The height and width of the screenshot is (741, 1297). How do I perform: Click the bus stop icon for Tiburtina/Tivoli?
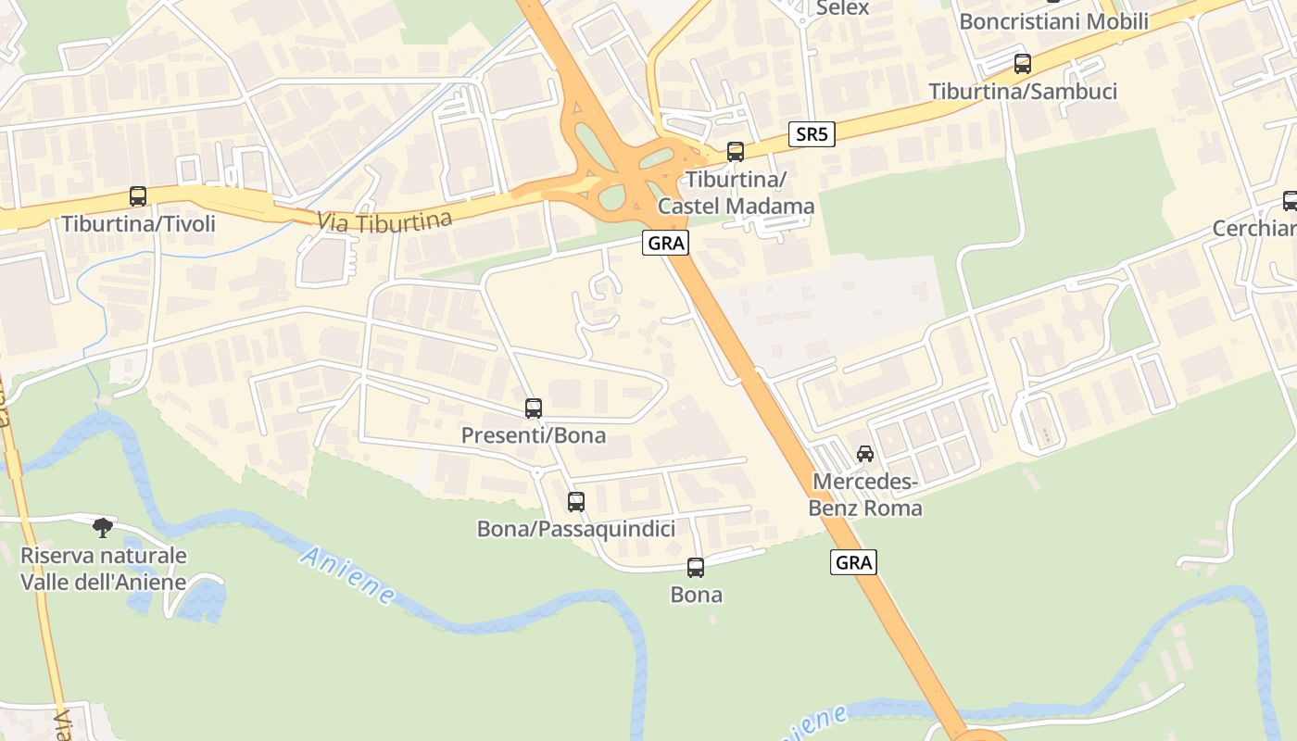(138, 196)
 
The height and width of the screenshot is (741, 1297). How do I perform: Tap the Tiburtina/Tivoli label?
(138, 224)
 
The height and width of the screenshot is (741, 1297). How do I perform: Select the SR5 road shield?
(812, 134)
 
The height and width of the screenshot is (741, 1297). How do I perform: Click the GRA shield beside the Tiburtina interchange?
(666, 244)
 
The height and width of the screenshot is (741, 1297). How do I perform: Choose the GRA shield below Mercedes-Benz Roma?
(853, 562)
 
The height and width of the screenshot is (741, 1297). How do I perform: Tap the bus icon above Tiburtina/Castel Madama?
(736, 152)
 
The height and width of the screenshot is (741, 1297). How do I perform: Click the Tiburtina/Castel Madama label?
(736, 193)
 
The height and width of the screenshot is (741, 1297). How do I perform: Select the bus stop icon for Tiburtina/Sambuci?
(1023, 64)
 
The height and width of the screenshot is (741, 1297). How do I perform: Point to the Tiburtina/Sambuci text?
(1023, 92)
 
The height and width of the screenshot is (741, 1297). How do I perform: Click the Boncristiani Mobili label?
(1053, 21)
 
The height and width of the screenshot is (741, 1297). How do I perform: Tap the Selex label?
(842, 8)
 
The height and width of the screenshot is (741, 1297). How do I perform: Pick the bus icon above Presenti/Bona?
(534, 408)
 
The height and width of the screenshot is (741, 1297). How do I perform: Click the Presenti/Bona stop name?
(534, 435)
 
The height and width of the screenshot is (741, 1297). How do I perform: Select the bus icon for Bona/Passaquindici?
(576, 502)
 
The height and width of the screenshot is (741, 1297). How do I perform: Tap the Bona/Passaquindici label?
(576, 529)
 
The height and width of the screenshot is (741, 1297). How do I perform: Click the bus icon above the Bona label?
(696, 568)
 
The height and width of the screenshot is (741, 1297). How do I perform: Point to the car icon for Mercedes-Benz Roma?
(865, 454)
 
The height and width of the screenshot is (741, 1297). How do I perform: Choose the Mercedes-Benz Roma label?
(865, 495)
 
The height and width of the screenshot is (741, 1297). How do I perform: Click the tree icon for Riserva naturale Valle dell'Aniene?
(103, 528)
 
